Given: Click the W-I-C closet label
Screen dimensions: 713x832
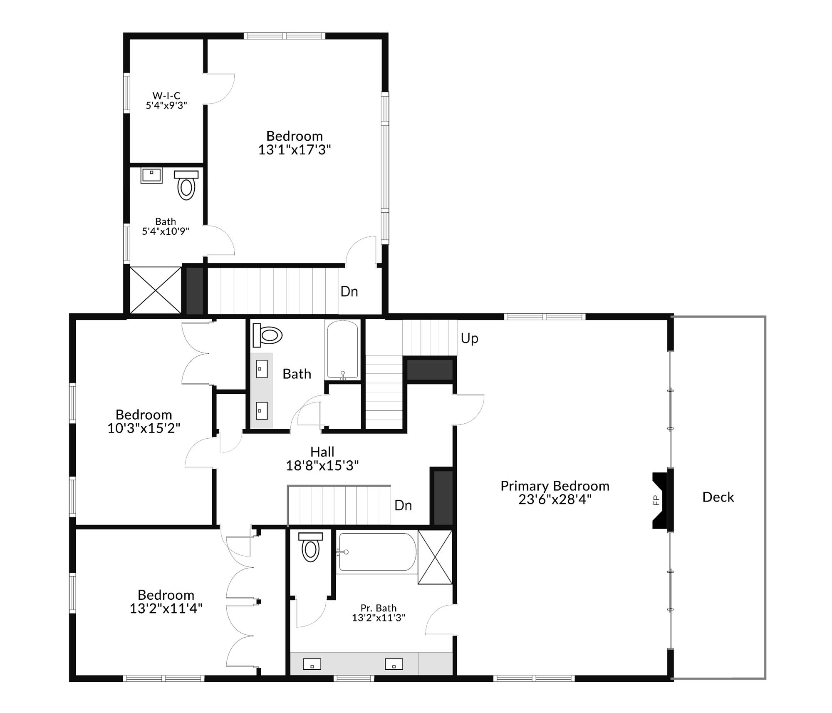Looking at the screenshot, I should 166,96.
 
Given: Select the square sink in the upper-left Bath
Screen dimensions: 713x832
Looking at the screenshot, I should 151,175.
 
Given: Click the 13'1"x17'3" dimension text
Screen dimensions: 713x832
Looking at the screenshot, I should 294,150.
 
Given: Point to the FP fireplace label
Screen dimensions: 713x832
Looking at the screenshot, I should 656,500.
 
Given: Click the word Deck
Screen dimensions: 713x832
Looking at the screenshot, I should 718,497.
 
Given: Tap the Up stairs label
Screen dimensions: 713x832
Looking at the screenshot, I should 469,338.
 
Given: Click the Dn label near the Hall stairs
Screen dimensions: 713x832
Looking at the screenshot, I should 403,505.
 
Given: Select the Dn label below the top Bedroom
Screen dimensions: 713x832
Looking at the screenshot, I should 349,291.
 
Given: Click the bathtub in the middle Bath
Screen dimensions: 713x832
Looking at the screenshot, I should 342,350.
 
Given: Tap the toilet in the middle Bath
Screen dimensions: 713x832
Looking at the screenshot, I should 267,335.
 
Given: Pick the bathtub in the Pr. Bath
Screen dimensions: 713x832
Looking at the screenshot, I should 376,552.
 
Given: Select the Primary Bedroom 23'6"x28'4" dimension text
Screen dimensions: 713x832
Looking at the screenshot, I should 555,499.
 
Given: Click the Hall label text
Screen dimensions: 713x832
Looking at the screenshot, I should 322,452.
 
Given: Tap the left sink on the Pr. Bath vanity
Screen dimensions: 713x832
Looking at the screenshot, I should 312,664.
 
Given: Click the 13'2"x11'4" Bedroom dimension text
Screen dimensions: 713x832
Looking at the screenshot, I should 166,609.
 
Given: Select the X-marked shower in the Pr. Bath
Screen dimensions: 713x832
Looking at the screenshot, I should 435,557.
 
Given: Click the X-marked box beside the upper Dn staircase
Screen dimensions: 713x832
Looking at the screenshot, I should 156,290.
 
